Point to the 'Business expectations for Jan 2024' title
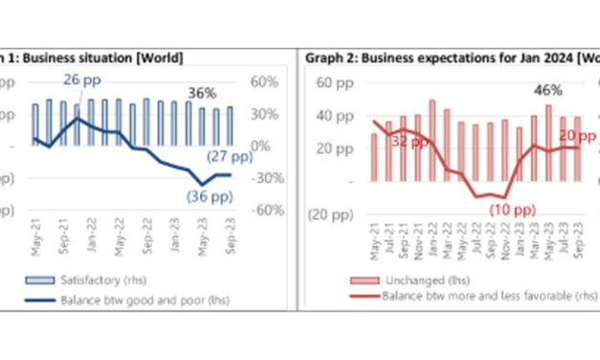(x=450, y=58)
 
